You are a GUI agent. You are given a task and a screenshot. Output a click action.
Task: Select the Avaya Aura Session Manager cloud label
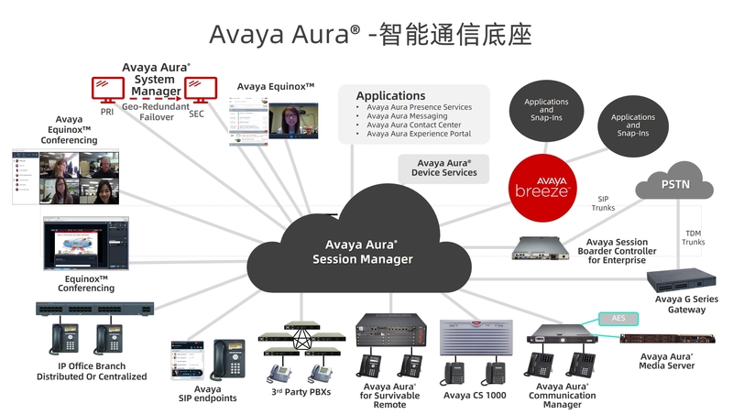tap(362, 252)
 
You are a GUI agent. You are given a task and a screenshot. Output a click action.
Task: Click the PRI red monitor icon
tap(107, 90)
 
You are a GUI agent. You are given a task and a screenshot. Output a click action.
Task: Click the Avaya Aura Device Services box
tap(443, 168)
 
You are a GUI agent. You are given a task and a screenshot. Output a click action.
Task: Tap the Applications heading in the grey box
tap(390, 95)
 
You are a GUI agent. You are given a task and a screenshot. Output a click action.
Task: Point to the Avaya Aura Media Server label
tap(666, 361)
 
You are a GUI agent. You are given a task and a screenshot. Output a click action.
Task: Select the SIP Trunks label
tap(603, 202)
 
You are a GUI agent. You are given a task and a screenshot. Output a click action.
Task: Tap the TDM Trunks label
tap(694, 237)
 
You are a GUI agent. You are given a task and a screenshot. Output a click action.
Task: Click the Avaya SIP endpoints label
tap(208, 393)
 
